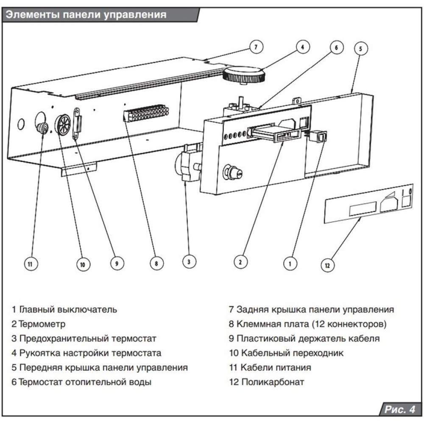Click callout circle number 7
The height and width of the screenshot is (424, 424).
click(x=255, y=47)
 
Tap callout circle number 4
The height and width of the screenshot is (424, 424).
click(x=302, y=47)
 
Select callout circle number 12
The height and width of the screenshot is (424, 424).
click(x=327, y=266)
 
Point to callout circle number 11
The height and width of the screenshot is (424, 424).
click(x=30, y=264)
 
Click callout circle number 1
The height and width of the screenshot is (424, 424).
click(x=290, y=263)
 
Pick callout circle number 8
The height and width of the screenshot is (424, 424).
click(x=156, y=264)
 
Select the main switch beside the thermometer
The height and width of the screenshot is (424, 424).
click(x=318, y=137)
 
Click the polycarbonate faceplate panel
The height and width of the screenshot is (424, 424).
click(x=368, y=206)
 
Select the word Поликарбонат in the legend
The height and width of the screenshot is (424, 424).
click(x=273, y=382)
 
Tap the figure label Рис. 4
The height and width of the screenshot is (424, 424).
click(x=399, y=410)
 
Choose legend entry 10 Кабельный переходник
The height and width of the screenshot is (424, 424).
click(x=286, y=353)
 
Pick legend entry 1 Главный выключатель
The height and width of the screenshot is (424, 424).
click(x=64, y=310)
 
